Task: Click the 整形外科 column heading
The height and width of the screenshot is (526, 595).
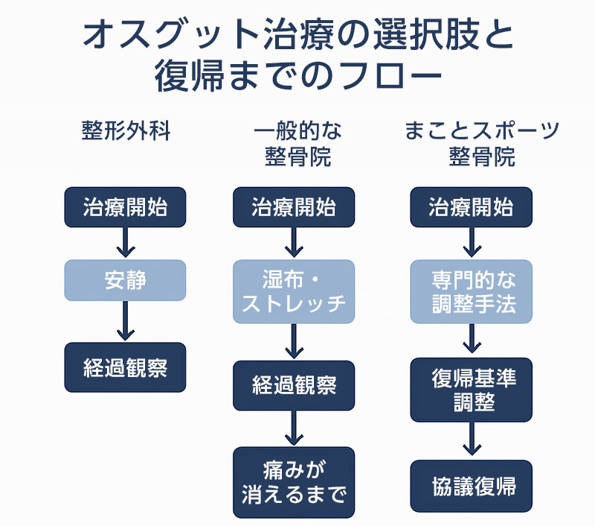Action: point(126,131)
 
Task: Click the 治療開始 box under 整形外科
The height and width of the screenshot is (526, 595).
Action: point(125,207)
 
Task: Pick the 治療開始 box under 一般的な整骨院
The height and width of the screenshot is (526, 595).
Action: point(294,207)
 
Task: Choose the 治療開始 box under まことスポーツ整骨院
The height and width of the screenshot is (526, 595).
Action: point(471,207)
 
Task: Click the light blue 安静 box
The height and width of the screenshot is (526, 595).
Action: point(125,280)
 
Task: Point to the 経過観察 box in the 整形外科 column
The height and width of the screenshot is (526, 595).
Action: point(125,367)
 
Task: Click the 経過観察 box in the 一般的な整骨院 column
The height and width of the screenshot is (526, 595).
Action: point(294,385)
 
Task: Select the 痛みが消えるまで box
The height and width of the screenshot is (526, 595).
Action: point(294,482)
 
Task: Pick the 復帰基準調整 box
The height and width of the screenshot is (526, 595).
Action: point(472,390)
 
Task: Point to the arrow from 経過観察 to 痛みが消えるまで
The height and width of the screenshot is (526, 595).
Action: point(294,428)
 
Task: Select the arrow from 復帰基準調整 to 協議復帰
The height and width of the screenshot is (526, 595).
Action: point(472,440)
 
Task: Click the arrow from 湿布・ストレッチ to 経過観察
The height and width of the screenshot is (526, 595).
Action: point(294,342)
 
